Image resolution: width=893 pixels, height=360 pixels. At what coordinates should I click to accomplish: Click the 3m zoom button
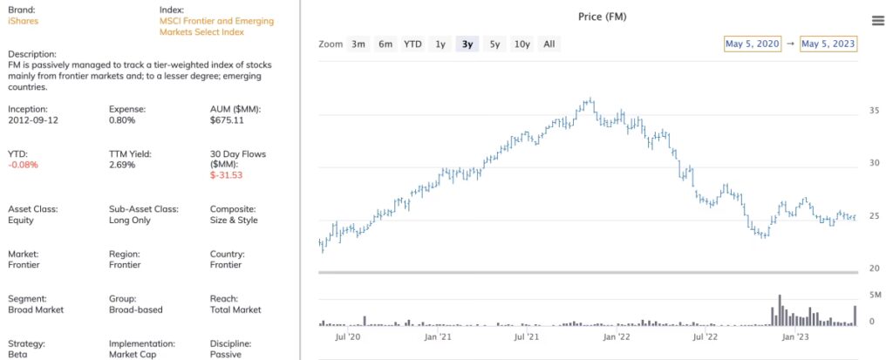point(358,44)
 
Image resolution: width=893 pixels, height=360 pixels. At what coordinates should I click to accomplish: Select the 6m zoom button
point(385,44)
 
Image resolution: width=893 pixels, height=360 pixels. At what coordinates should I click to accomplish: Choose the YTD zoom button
point(412,44)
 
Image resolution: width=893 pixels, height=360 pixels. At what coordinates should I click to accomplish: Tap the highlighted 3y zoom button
point(467,44)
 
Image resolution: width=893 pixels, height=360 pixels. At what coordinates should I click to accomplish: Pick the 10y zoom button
point(521,44)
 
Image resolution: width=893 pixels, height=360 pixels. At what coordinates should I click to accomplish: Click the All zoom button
point(549,44)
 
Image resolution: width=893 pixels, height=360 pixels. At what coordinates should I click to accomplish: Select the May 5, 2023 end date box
point(828,44)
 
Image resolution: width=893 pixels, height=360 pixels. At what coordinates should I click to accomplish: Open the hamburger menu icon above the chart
point(877,21)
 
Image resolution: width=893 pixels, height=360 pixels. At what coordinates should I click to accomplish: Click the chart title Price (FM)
point(603,17)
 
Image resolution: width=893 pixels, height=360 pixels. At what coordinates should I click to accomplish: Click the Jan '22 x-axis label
point(617,336)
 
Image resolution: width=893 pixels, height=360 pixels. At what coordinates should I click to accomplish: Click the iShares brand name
point(23,20)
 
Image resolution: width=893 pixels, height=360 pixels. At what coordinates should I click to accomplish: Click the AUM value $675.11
point(226,120)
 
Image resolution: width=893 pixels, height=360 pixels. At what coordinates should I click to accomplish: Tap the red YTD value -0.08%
point(23,165)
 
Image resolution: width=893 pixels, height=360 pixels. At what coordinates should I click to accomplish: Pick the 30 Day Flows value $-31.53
point(226,175)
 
